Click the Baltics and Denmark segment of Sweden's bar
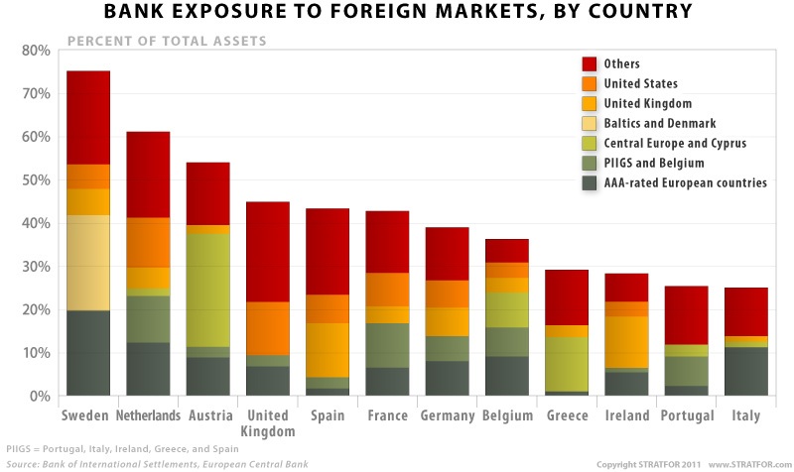[88, 263]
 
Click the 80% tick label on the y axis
[36, 51]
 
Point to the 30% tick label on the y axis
[36, 267]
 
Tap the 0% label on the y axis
[40, 397]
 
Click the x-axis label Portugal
[687, 415]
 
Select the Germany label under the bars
[448, 415]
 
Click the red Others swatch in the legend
[590, 64]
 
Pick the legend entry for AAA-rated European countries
[671, 182]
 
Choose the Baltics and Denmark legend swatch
[590, 123]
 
